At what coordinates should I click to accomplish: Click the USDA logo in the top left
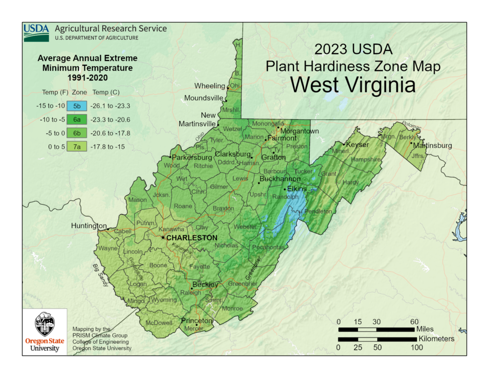click(x=36, y=32)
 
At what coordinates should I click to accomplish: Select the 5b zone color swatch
click(x=77, y=105)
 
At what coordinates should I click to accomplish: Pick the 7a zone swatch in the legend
click(x=77, y=146)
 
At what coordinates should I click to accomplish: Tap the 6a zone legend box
click(x=77, y=119)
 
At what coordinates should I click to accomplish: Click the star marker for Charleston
click(x=163, y=238)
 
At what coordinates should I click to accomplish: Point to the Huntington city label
click(x=89, y=226)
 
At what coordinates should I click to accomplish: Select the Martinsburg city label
click(x=432, y=146)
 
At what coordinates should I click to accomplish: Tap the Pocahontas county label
click(x=268, y=247)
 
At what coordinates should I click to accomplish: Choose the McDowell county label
click(x=159, y=323)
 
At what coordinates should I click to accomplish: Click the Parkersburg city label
click(x=191, y=157)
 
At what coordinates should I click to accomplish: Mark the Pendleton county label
click(x=318, y=211)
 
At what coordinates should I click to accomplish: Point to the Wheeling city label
click(x=210, y=86)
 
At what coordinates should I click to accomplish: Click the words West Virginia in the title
click(x=353, y=84)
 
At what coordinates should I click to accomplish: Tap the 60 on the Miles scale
click(x=414, y=321)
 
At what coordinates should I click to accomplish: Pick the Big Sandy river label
click(x=100, y=275)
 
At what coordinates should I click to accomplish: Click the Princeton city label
click(x=197, y=320)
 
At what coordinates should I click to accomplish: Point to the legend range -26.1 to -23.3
click(x=113, y=105)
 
